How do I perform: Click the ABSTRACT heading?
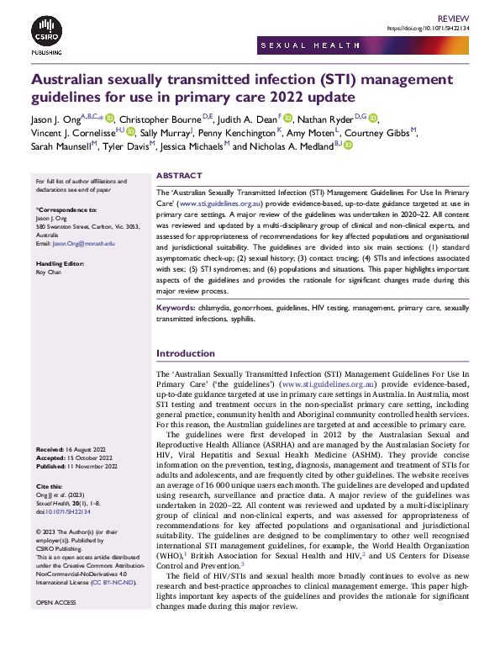tap(180, 176)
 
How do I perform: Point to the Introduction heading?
tap(186, 353)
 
